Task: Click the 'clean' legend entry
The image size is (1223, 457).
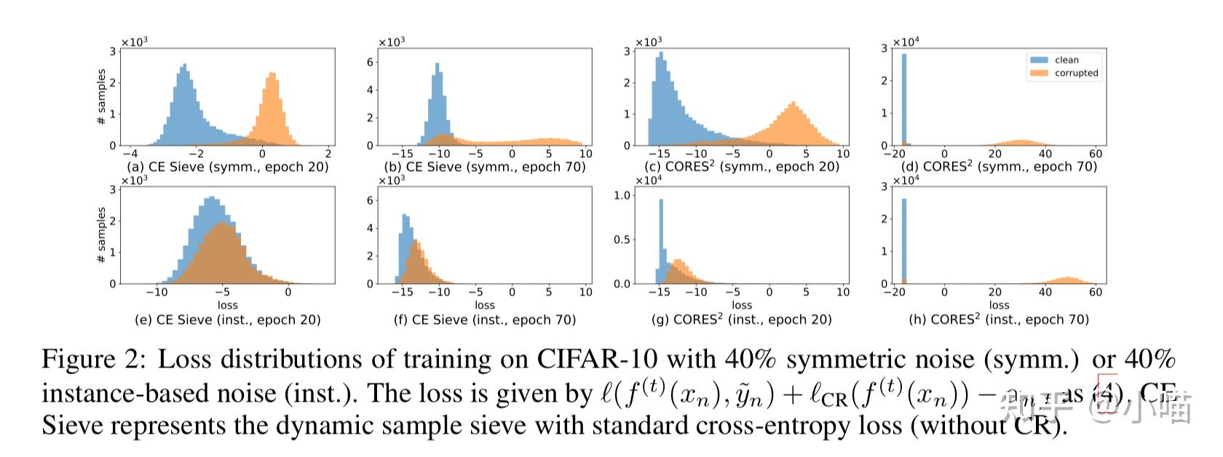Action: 1066,60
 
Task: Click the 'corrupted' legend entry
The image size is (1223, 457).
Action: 1075,73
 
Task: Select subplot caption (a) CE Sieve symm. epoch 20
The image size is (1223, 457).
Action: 227,167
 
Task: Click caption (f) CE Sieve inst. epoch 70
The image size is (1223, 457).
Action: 485,319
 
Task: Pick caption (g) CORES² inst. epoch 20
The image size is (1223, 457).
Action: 741,319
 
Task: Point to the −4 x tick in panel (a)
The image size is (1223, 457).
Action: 130,154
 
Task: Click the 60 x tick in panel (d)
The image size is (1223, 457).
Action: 1095,154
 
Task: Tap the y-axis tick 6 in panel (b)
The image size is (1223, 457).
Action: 370,63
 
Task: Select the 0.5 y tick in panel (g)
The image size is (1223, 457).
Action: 622,239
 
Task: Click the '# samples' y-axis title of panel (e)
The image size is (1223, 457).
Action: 101,235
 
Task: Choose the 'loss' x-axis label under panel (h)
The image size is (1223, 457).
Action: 999,305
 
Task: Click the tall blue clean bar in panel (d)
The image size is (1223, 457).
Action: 904,98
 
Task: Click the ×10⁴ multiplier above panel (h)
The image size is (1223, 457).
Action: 906,180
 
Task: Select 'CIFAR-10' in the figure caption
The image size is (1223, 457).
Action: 597,359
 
